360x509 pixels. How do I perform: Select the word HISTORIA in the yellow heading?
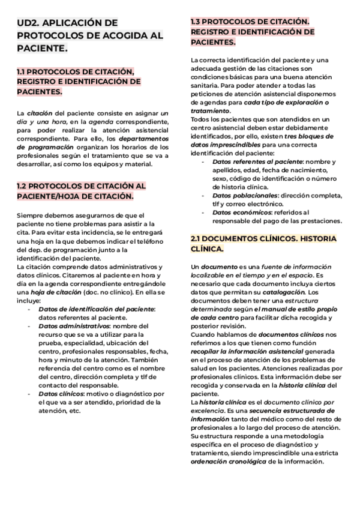(x=318, y=238)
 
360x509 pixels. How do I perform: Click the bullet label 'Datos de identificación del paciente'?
(x=97, y=309)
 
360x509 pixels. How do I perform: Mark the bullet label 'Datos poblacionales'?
(x=245, y=195)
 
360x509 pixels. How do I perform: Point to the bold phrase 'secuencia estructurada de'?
(x=305, y=411)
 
